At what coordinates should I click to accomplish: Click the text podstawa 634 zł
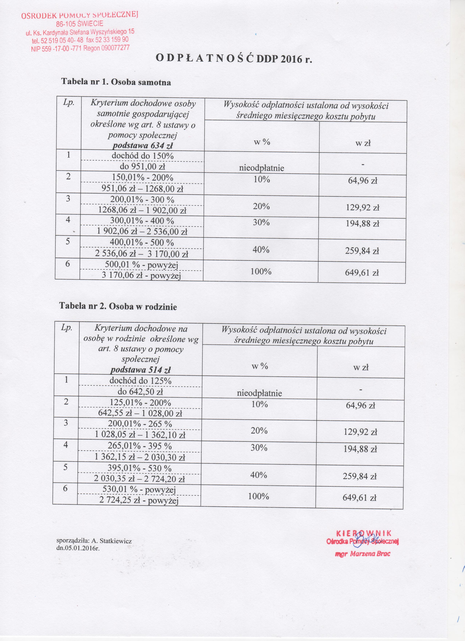(142, 146)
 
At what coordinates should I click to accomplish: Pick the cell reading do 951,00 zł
(142, 167)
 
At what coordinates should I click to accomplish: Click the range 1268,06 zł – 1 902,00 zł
(142, 210)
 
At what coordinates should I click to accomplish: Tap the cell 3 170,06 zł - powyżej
(141, 276)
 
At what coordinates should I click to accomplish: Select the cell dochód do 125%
(140, 381)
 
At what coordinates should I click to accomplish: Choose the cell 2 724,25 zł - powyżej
(139, 501)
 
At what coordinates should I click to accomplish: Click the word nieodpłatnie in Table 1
(261, 168)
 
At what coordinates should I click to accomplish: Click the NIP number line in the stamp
(80, 48)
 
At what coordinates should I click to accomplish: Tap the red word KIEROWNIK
(364, 335)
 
